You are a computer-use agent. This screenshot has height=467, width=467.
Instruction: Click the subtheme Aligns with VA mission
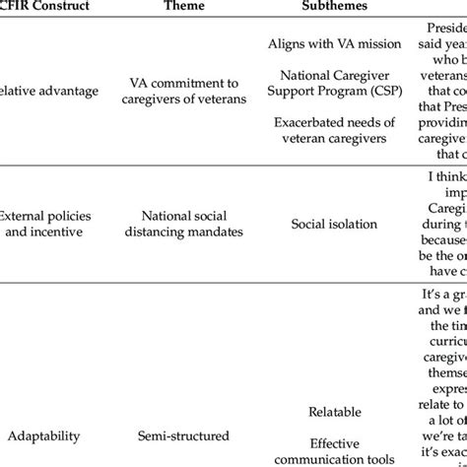click(334, 43)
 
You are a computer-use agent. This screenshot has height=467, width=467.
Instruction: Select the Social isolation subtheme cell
click(334, 225)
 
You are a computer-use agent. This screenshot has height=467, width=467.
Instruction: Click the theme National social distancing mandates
click(185, 225)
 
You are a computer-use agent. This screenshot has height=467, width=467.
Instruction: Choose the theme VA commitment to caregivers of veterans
click(185, 92)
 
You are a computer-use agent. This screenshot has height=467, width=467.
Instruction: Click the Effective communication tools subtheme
click(334, 452)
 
